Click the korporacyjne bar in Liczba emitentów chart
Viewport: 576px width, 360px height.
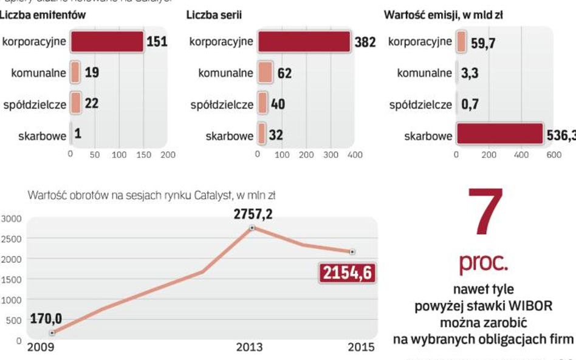pyautogui.click(x=107, y=41)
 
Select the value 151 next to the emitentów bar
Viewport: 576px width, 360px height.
pyautogui.click(x=157, y=42)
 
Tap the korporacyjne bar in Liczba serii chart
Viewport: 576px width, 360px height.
pyautogui.click(x=304, y=41)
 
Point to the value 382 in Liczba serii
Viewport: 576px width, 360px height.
pyautogui.click(x=365, y=42)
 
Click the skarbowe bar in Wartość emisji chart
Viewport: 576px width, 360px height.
pyautogui.click(x=499, y=135)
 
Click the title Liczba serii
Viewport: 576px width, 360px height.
pyautogui.click(x=212, y=15)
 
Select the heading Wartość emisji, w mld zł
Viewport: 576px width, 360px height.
pyautogui.click(x=444, y=15)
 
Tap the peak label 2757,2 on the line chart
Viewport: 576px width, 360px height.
pyautogui.click(x=253, y=214)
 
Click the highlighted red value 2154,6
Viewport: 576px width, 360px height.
pyautogui.click(x=346, y=273)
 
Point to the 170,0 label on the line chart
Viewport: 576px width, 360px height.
pyautogui.click(x=46, y=318)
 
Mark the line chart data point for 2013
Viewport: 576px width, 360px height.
pyautogui.click(x=252, y=228)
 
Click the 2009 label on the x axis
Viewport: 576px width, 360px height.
pyautogui.click(x=41, y=347)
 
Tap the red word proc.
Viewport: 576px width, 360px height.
pyautogui.click(x=484, y=263)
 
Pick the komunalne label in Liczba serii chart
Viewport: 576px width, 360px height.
pyautogui.click(x=225, y=73)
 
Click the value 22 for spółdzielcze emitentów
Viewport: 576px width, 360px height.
pyautogui.click(x=92, y=104)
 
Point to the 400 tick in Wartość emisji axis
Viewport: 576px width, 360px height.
pyautogui.click(x=521, y=155)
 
